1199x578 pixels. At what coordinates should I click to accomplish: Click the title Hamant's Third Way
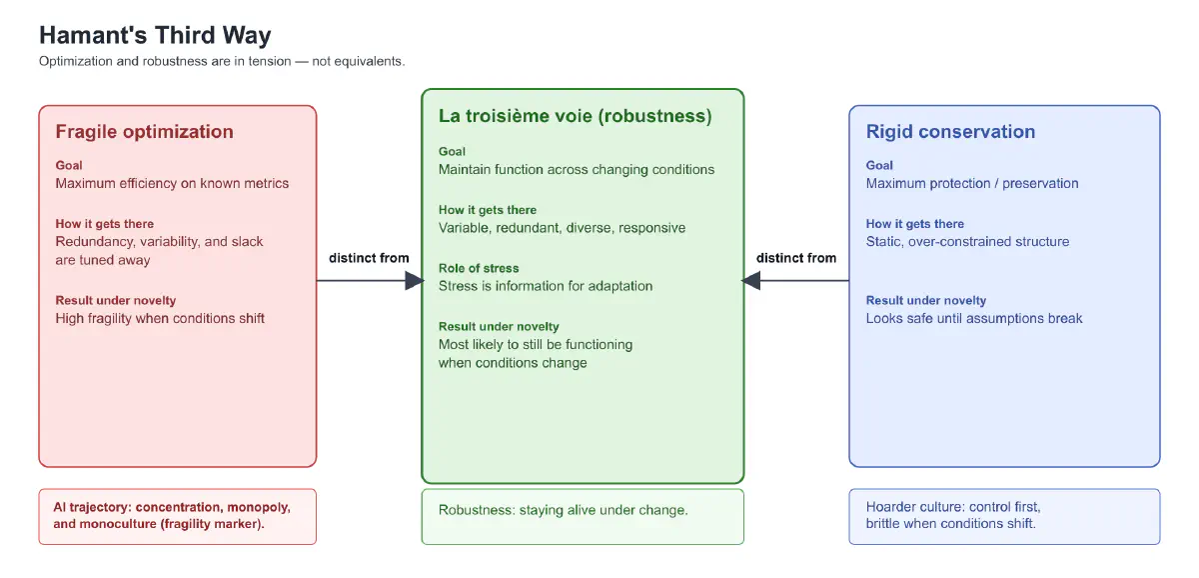pos(155,36)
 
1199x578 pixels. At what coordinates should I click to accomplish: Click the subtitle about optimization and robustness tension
pos(222,61)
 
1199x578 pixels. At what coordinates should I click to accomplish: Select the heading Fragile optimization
pos(144,132)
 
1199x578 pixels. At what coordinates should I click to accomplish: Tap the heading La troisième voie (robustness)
pos(575,116)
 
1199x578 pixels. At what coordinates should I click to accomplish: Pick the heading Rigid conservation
pos(950,132)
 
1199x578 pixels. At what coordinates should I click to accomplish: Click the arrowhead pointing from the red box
pos(415,281)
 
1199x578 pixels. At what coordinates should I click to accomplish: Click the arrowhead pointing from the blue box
pos(751,281)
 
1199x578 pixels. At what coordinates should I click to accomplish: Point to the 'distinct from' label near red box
pos(369,258)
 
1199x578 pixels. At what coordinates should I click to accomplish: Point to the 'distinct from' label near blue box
pos(796,258)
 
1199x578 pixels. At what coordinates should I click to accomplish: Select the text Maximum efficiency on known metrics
pos(172,183)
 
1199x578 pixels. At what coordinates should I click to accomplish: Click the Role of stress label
pos(479,268)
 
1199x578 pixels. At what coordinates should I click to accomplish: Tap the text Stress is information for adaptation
pos(546,286)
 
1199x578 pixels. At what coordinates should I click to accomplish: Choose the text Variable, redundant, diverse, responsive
pos(562,228)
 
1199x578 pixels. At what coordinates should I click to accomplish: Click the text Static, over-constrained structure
pos(967,241)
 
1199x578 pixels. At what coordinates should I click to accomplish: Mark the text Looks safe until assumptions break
pos(974,318)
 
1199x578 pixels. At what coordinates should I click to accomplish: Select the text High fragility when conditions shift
pos(160,318)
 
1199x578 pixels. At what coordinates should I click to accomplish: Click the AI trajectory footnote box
pos(177,516)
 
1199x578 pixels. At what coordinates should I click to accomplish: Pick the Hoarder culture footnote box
pos(1004,516)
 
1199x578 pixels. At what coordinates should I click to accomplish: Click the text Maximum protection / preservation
pos(972,183)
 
